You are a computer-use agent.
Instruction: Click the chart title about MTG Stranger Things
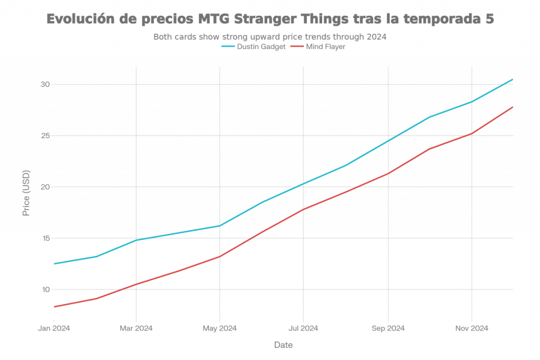coord(270,19)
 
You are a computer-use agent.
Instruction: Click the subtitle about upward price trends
coord(270,37)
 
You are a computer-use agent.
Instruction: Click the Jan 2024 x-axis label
coord(54,328)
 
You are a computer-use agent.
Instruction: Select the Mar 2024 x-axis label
coord(136,328)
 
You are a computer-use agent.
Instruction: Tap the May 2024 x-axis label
coord(219,328)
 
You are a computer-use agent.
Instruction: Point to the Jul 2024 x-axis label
coord(303,328)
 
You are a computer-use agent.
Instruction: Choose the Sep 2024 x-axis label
coord(388,328)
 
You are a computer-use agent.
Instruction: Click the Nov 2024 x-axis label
coord(471,328)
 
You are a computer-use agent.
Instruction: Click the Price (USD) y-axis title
coord(26,193)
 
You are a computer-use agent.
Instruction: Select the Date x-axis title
coord(283,345)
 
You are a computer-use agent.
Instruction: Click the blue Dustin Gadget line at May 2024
coord(219,226)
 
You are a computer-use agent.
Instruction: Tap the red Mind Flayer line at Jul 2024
coord(303,209)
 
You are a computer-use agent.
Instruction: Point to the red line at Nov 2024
coord(471,133)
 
